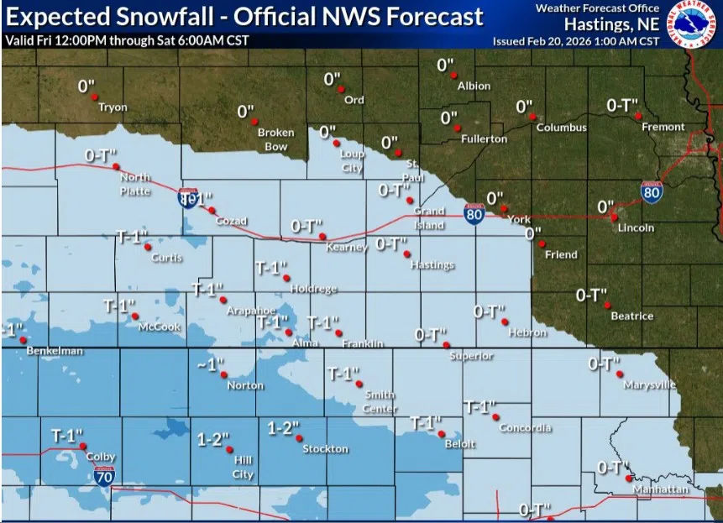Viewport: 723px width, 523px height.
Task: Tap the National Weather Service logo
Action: [x=693, y=23]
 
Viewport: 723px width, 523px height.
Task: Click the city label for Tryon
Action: [x=113, y=107]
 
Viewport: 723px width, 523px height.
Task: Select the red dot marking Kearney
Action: [x=322, y=238]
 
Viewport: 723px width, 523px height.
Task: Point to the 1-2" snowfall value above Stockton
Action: [x=283, y=428]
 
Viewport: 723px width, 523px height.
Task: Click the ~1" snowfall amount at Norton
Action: [x=212, y=365]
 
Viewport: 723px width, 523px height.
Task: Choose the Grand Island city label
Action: [x=428, y=218]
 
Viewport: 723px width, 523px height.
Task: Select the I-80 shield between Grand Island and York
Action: [x=474, y=215]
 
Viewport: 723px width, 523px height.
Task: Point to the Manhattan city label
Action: [x=661, y=489]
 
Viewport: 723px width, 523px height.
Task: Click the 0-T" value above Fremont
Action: [x=622, y=105]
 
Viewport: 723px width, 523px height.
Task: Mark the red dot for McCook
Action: [x=135, y=316]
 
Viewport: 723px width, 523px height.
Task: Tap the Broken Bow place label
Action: [x=275, y=139]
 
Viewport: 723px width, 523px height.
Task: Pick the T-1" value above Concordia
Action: [x=479, y=407]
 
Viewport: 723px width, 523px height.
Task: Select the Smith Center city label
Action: [x=380, y=401]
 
